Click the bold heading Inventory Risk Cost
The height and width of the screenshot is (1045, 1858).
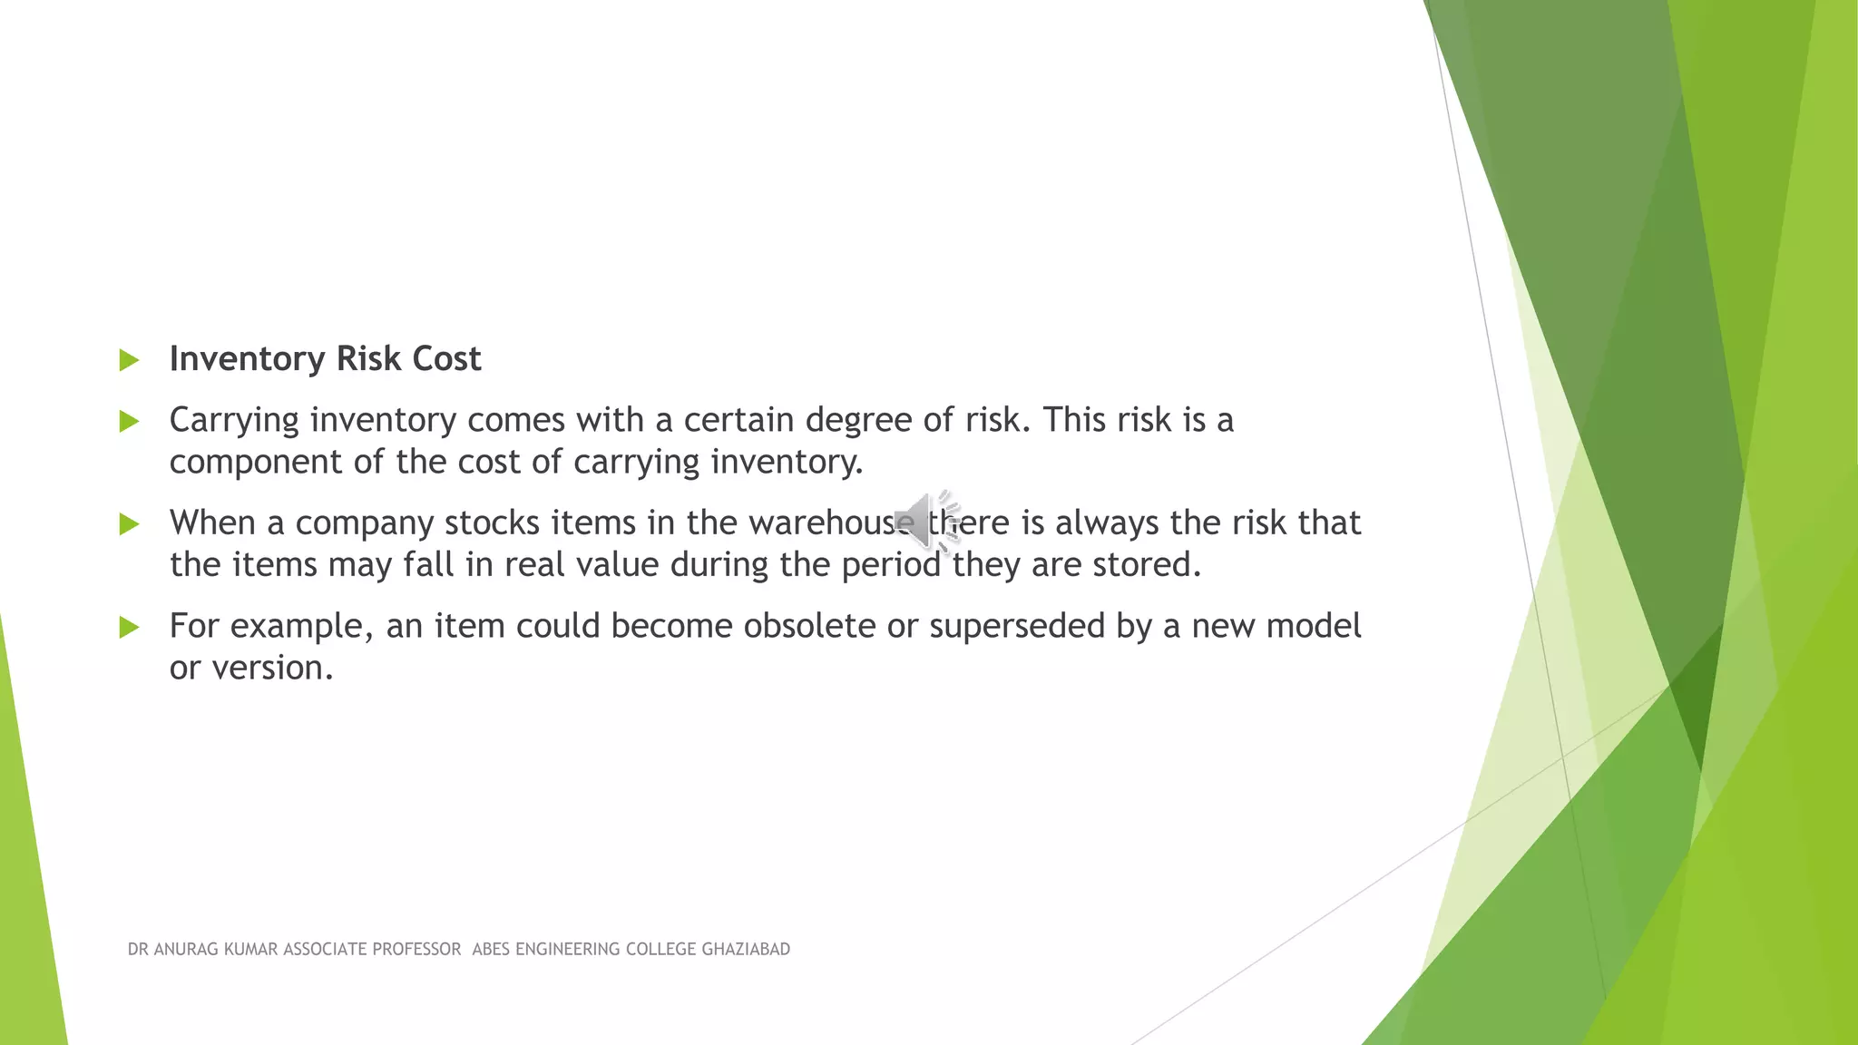325,359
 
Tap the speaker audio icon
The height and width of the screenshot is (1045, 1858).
926,522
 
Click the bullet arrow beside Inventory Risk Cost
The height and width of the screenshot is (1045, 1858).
129,361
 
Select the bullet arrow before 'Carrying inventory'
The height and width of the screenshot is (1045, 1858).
129,421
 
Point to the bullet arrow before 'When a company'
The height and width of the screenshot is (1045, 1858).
129,523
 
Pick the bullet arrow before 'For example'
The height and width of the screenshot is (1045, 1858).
129,627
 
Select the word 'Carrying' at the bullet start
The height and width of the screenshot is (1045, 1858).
234,421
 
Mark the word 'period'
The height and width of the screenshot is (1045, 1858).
891,565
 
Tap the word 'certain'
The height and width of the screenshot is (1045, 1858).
738,421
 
